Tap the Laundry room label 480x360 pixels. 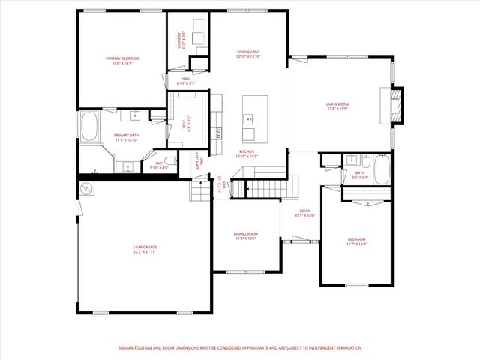180,40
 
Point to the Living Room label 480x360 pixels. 337,106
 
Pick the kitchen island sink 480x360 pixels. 249,118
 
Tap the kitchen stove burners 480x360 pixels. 219,133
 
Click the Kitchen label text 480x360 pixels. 247,154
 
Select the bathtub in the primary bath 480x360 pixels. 90,127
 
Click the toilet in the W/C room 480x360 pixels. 170,162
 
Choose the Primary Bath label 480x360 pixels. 127,137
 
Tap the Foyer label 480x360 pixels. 305,213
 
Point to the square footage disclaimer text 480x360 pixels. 240,348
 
